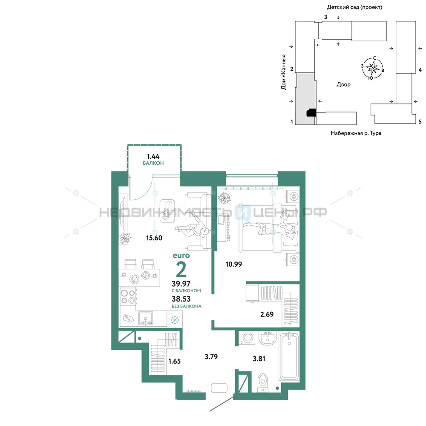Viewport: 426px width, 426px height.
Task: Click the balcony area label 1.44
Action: (x=153, y=156)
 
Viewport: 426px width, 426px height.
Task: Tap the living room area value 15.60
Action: (x=154, y=238)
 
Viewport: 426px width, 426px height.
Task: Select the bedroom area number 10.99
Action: (x=233, y=264)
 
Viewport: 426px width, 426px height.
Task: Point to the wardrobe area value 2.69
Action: (x=267, y=314)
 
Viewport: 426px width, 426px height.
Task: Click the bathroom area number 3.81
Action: (x=259, y=359)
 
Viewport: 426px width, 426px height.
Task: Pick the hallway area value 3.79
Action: (x=211, y=357)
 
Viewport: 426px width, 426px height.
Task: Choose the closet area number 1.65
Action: (x=174, y=361)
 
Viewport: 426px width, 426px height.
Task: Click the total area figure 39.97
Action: (x=181, y=284)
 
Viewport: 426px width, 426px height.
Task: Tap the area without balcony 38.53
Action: (x=181, y=299)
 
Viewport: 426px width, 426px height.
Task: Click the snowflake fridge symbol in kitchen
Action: (x=175, y=320)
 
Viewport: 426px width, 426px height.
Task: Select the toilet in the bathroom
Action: (x=263, y=383)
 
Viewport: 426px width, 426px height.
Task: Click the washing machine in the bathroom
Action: (x=247, y=338)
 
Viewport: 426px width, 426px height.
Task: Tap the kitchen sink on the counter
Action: (x=146, y=318)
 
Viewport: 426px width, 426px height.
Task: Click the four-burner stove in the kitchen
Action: (x=128, y=296)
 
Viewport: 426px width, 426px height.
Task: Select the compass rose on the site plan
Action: (x=372, y=68)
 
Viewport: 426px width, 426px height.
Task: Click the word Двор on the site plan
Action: (x=343, y=84)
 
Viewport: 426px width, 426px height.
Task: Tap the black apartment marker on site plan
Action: (x=311, y=112)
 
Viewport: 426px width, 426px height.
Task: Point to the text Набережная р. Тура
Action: (x=356, y=133)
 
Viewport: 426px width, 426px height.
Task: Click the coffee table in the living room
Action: (x=167, y=211)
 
